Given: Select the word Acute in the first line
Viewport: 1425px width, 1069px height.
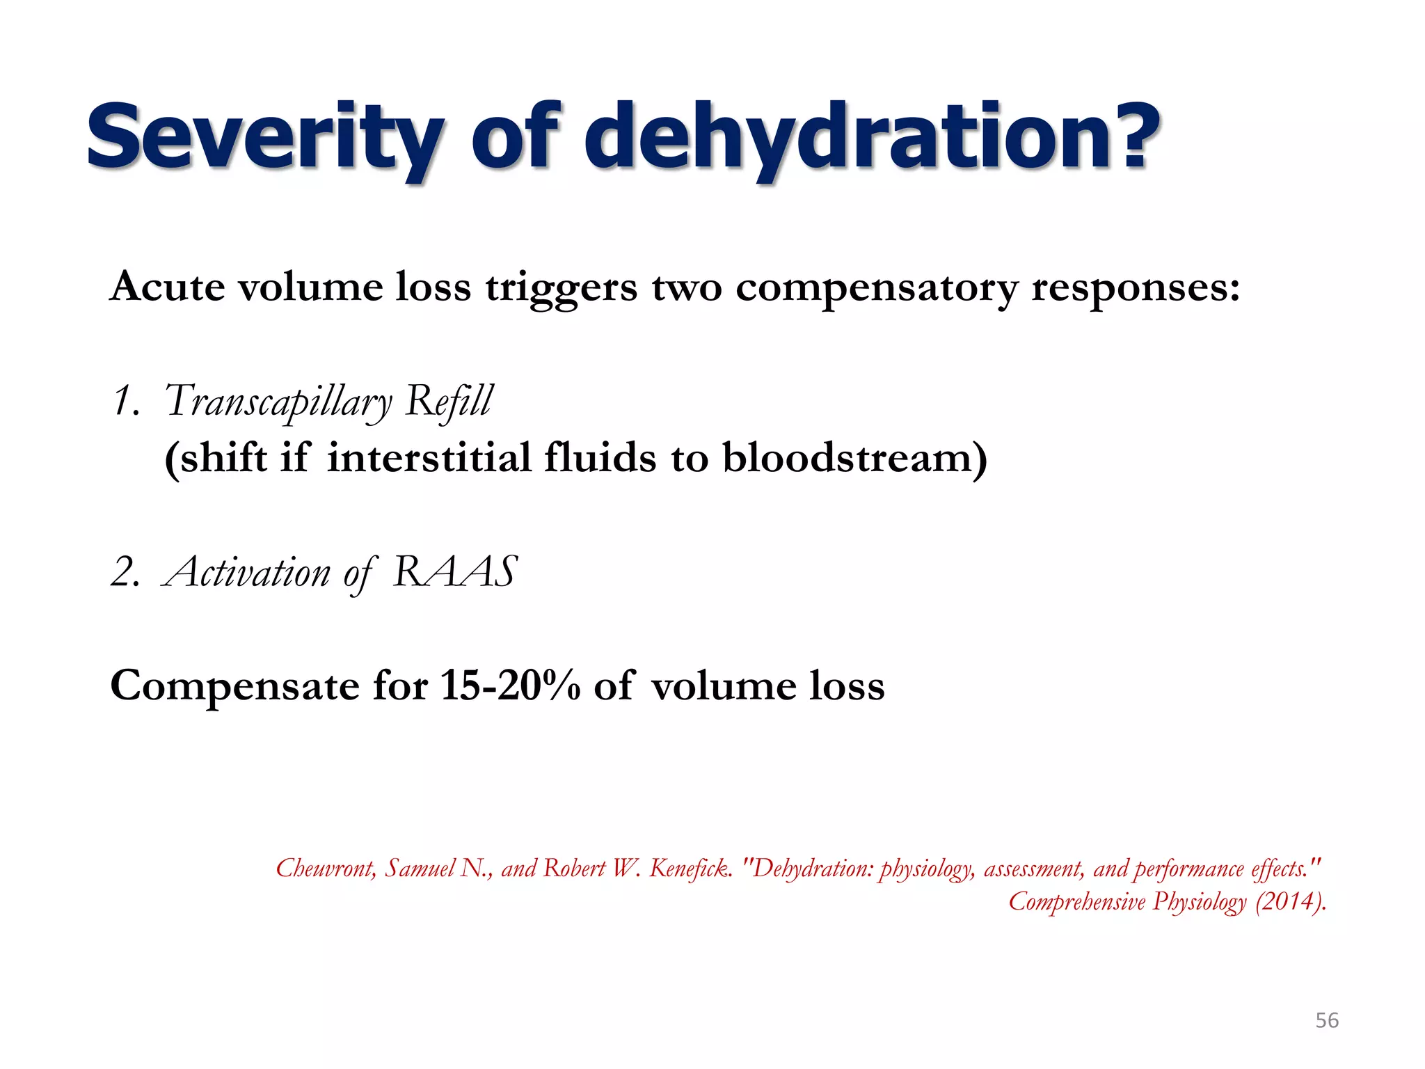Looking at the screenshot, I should (x=168, y=287).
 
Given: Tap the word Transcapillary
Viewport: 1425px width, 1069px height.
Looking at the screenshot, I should (x=278, y=403).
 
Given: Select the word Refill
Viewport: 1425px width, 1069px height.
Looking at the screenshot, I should (x=449, y=402).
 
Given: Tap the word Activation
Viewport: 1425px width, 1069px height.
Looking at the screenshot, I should (x=248, y=573).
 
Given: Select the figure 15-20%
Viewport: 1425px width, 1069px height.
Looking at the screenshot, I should (x=511, y=686).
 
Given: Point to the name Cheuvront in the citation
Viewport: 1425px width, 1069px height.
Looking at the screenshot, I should (x=326, y=869).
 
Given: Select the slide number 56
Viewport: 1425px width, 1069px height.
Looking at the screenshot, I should (x=1327, y=1020).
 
